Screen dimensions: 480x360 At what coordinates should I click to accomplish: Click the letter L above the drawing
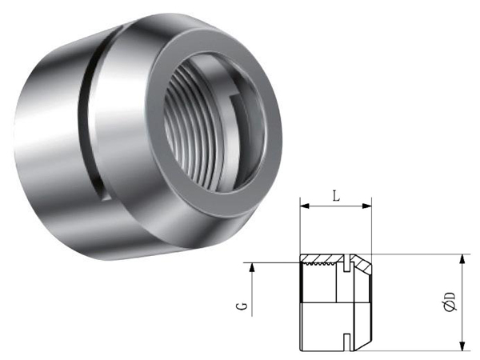(336, 197)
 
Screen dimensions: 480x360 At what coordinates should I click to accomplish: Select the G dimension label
(242, 306)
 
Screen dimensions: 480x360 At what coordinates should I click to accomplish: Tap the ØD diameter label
(450, 302)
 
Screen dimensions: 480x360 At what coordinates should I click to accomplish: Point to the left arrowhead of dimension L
(305, 206)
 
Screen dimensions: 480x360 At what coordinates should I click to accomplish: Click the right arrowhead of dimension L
(366, 206)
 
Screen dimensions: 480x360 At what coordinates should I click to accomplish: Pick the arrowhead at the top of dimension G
(252, 267)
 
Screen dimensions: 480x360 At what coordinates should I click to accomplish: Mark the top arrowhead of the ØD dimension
(463, 259)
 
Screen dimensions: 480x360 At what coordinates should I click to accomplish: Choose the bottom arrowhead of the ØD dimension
(463, 346)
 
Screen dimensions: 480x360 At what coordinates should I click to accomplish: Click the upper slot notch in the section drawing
(346, 262)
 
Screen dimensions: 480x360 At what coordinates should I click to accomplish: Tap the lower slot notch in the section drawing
(346, 342)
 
